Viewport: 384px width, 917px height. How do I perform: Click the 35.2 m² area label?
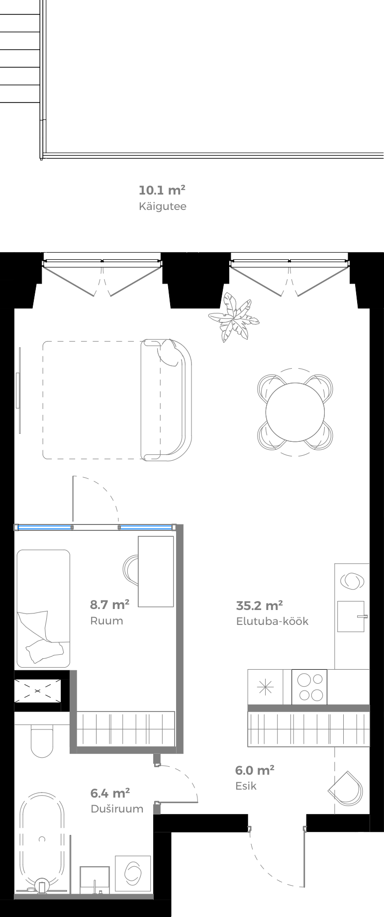click(259, 606)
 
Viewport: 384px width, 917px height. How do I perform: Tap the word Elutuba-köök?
click(272, 621)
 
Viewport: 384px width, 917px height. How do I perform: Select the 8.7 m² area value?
click(109, 605)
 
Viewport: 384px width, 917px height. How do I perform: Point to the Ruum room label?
click(106, 621)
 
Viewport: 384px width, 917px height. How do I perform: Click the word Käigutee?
click(162, 206)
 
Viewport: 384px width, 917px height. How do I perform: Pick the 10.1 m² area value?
click(162, 190)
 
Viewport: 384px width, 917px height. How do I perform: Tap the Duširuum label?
click(117, 809)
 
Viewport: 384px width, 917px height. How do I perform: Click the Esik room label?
click(246, 786)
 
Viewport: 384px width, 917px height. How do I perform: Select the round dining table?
click(295, 412)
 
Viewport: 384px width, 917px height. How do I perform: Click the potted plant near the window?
click(234, 318)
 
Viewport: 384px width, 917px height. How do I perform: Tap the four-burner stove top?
click(309, 687)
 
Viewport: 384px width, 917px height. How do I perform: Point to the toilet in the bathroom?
click(42, 740)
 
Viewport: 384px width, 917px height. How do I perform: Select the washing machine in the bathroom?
click(133, 873)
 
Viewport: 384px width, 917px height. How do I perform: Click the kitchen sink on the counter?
click(351, 616)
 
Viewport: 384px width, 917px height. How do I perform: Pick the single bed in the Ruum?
click(43, 608)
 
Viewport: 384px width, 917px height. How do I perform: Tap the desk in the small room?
click(156, 571)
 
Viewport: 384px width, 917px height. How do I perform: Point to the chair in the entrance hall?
click(347, 789)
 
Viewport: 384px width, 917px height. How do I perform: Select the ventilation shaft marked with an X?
click(38, 691)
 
